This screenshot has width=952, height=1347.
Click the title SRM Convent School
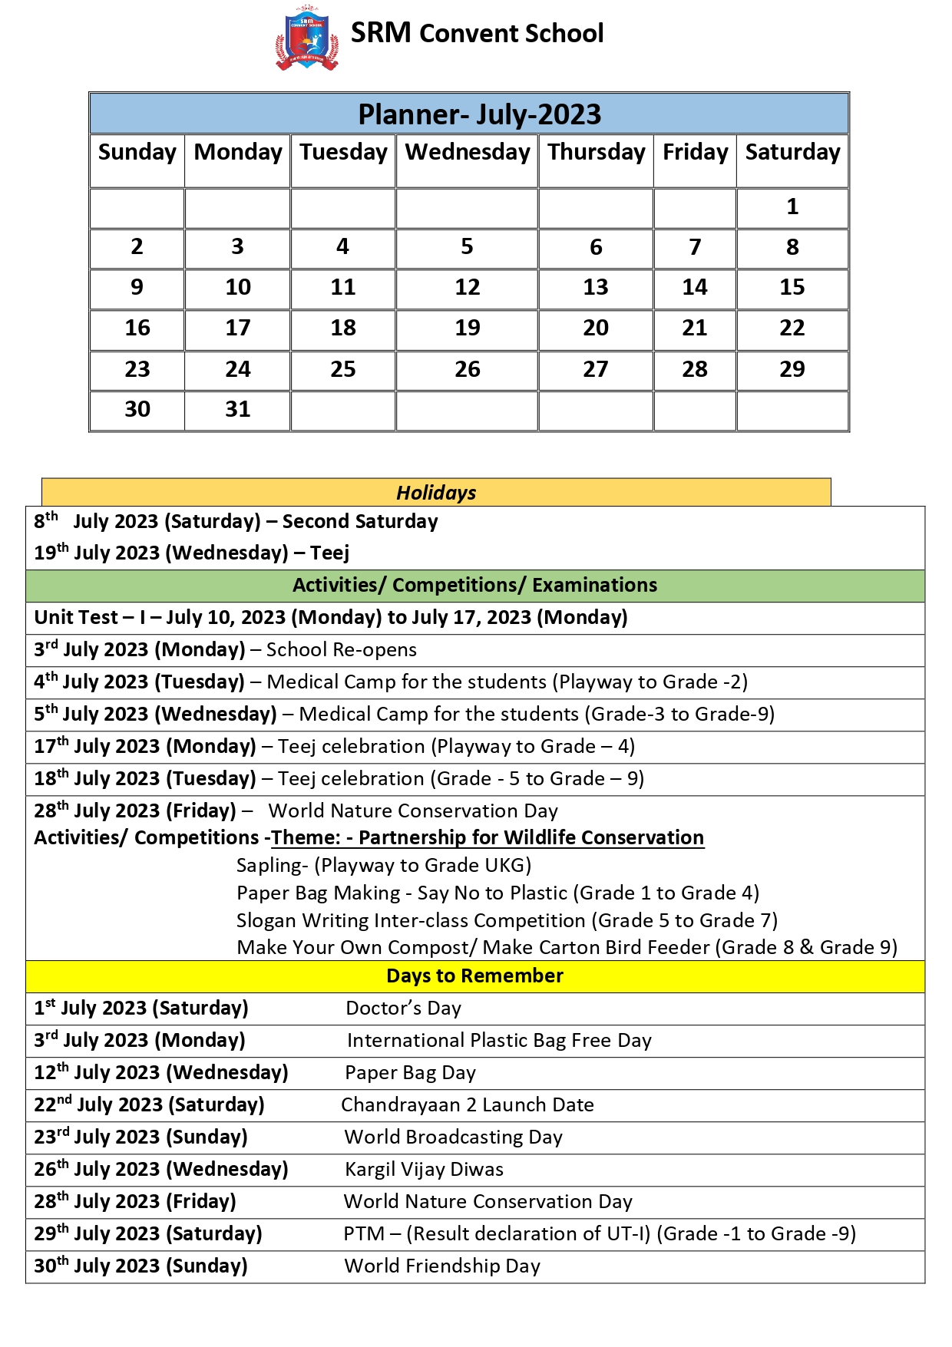tap(477, 33)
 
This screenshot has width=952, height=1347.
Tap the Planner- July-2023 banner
tap(479, 114)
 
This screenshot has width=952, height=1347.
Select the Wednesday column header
tap(467, 152)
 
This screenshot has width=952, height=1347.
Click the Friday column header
tap(695, 152)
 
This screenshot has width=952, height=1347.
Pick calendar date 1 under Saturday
tap(792, 206)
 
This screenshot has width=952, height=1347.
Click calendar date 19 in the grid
tap(467, 328)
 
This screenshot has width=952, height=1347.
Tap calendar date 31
tap(237, 409)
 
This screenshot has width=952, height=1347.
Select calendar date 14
tap(695, 287)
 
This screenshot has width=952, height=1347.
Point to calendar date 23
tap(137, 369)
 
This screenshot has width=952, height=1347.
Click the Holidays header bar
tap(436, 493)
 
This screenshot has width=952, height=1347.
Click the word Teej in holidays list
tap(329, 553)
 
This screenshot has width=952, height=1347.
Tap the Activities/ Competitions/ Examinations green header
tap(474, 585)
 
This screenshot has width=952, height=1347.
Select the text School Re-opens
tap(342, 649)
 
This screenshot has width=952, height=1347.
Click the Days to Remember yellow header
tap(474, 976)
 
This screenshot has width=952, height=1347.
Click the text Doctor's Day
tap(403, 1008)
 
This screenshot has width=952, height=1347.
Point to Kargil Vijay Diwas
tap(424, 1169)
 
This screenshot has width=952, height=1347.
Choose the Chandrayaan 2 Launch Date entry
tap(467, 1104)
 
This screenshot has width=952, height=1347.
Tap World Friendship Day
tap(442, 1266)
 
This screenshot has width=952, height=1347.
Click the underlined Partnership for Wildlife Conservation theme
tap(531, 837)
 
